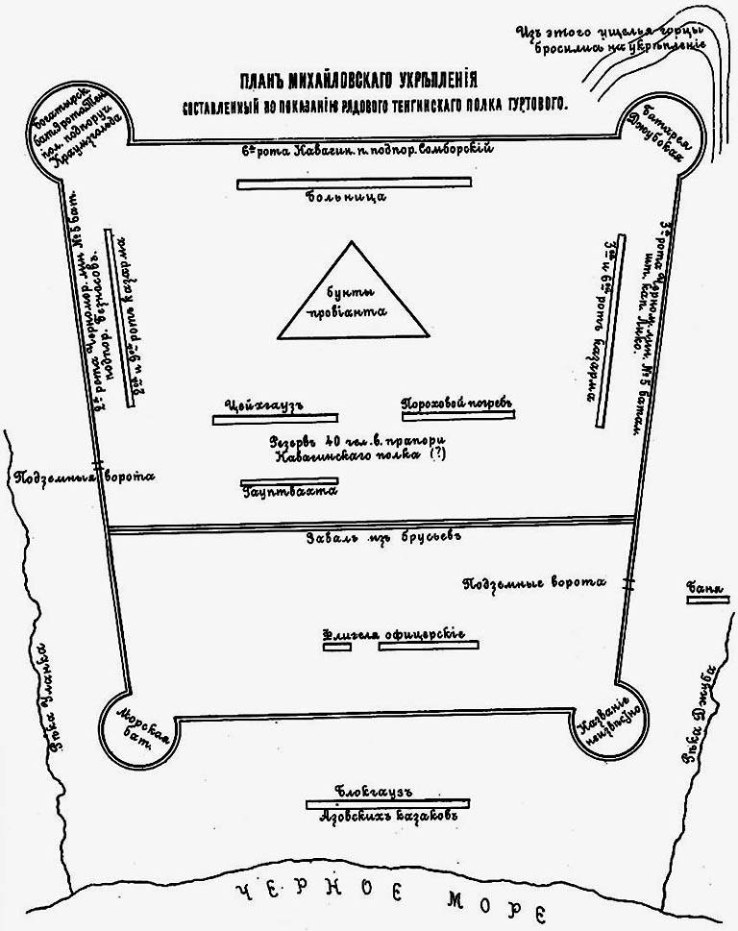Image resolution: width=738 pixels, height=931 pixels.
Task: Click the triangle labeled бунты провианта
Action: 353,298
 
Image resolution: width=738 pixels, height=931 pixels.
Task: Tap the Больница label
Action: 355,196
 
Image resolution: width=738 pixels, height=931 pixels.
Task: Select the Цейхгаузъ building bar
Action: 275,419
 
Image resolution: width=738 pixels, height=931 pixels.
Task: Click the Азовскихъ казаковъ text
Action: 386,818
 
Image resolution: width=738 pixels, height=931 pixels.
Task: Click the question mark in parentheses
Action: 440,457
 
